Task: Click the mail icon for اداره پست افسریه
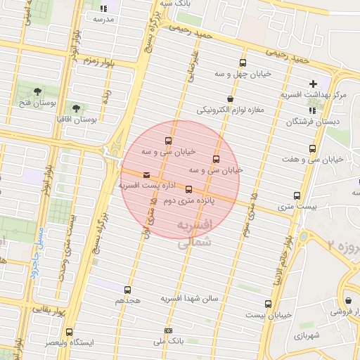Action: pyautogui.click(x=146, y=174)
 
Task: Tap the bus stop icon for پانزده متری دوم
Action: pyautogui.click(x=188, y=189)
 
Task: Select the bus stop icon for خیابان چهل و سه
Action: pyautogui.click(x=243, y=63)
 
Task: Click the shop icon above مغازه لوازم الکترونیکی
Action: pyautogui.click(x=230, y=99)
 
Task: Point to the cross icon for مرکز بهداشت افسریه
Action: pyautogui.click(x=313, y=84)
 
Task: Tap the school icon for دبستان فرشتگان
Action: pyautogui.click(x=312, y=110)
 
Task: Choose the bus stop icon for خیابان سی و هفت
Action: pyautogui.click(x=312, y=148)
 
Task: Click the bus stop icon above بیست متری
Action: pyautogui.click(x=297, y=196)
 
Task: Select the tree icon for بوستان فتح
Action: pyautogui.click(x=37, y=91)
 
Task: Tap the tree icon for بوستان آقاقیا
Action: pyautogui.click(x=76, y=108)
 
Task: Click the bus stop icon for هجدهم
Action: pyautogui.click(x=127, y=289)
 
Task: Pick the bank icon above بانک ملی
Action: pyautogui.click(x=168, y=330)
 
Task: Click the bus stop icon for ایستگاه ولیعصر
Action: pyautogui.click(x=69, y=331)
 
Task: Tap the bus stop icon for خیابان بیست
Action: pyautogui.click(x=268, y=304)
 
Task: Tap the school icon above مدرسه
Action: pyautogui.click(x=103, y=8)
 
